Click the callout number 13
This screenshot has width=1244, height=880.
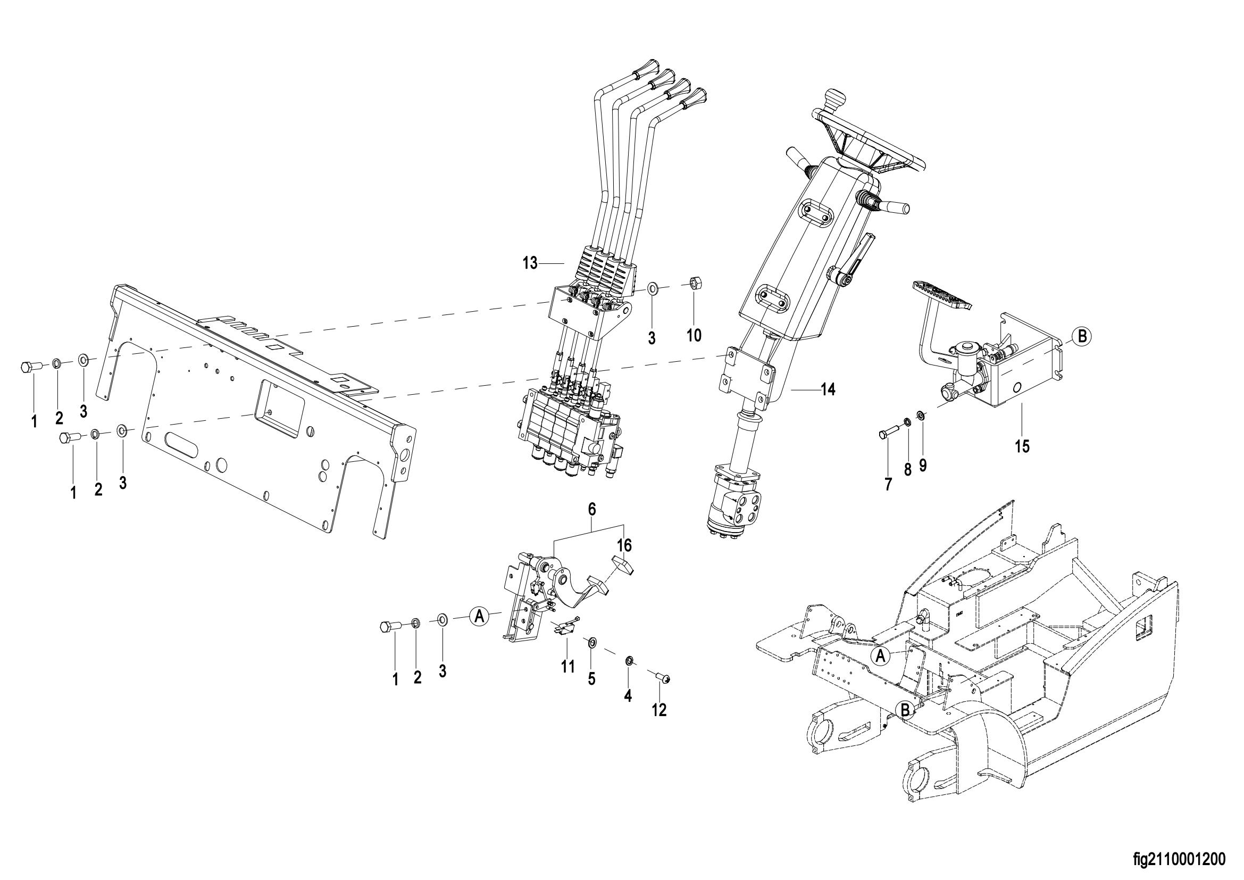tap(530, 263)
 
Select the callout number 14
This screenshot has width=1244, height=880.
tap(828, 389)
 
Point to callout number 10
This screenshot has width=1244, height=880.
tap(694, 335)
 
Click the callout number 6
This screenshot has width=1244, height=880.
tap(591, 509)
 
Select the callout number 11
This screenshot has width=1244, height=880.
tap(567, 667)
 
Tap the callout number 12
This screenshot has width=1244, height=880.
tap(659, 710)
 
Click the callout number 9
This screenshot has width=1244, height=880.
tap(923, 465)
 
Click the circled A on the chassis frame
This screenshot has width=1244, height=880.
tap(880, 655)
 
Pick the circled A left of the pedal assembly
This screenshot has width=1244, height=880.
tap(479, 616)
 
